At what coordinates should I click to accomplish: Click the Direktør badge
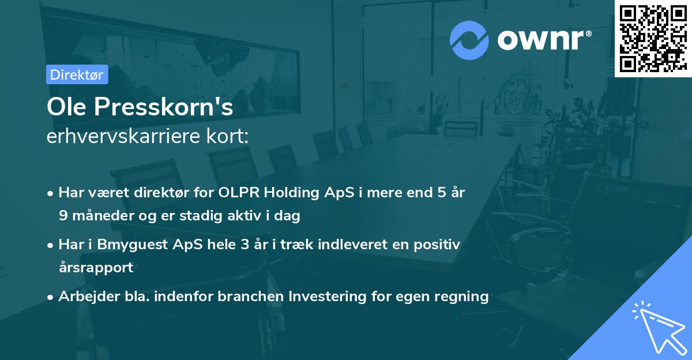click(x=77, y=74)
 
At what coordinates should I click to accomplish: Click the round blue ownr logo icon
click(x=469, y=40)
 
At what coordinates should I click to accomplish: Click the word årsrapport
click(x=96, y=267)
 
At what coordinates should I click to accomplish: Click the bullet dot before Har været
click(x=51, y=193)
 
